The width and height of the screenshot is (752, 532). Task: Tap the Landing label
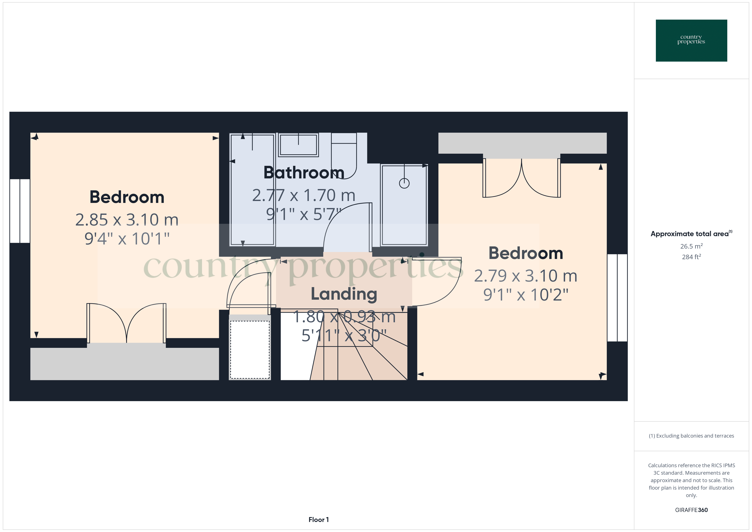344,294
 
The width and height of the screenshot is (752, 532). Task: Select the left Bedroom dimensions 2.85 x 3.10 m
127,220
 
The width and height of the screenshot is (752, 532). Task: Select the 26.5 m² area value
691,246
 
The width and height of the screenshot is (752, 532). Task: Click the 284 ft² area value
691,257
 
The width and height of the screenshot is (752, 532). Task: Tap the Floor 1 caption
318,520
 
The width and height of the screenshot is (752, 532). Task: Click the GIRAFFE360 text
691,510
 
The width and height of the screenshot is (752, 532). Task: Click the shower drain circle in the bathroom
404,183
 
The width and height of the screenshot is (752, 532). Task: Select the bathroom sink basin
298,145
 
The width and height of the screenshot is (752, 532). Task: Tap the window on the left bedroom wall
20,211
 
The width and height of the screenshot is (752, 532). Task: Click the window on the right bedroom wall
617,298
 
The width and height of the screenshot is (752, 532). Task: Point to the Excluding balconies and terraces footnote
691,436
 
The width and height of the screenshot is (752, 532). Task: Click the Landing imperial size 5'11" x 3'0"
344,335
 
